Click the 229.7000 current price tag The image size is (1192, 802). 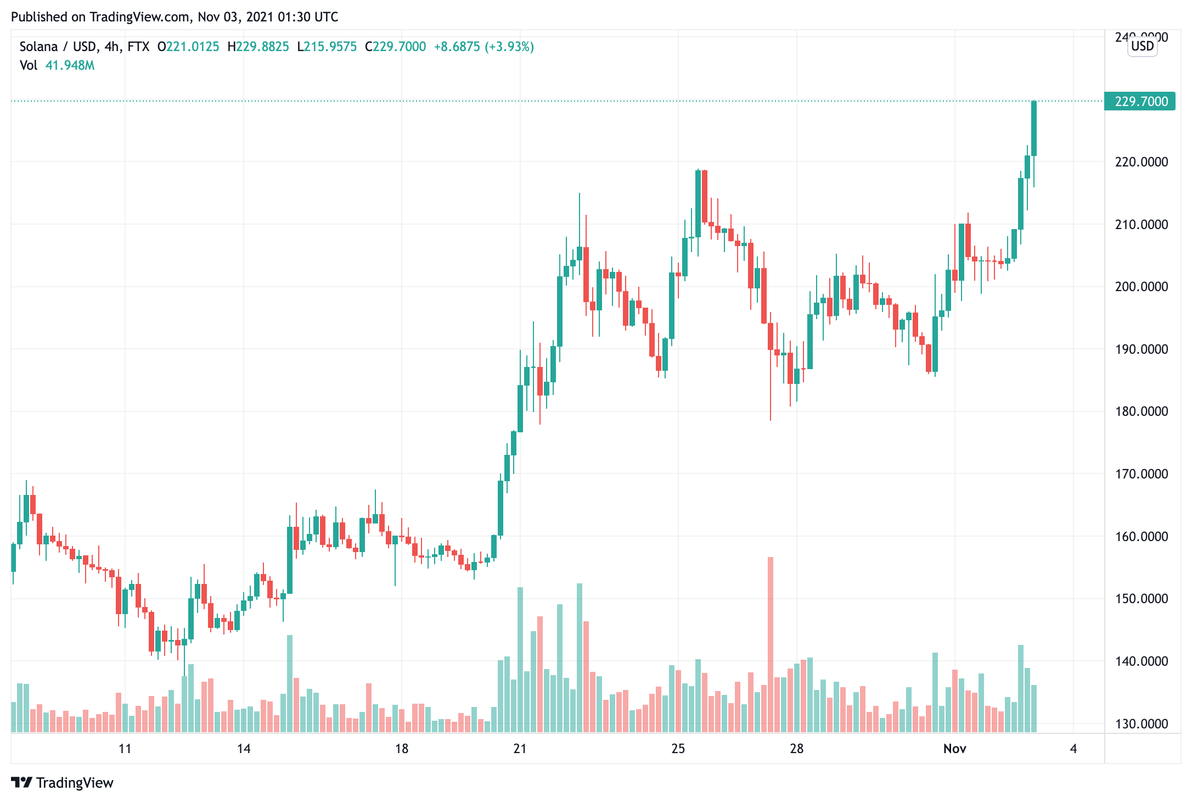pos(1140,102)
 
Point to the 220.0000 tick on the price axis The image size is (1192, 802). pos(1142,162)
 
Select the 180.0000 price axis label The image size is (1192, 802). pos(1142,411)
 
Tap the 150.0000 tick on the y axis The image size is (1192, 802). pos(1142,599)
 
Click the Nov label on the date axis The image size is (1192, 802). pos(954,749)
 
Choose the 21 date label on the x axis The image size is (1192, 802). pos(520,749)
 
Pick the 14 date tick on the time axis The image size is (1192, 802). pos(244,749)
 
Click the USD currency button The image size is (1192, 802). pos(1143,46)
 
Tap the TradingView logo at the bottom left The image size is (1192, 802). pos(62,783)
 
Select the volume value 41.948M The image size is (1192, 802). pos(70,65)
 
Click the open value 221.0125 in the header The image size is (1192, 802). pos(193,47)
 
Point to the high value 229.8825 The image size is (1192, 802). pos(262,47)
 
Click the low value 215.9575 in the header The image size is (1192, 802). pos(330,47)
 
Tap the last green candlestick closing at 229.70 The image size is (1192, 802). pos(1034,128)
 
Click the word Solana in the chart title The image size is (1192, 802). pos(38,47)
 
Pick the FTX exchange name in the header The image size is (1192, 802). pos(138,47)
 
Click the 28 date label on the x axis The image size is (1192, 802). pos(796,749)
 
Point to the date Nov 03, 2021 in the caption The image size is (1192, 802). pos(235,17)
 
